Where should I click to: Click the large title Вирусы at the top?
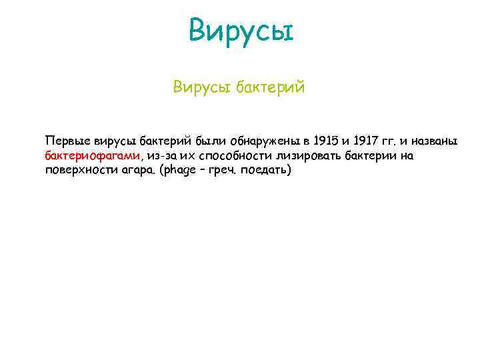point(241,30)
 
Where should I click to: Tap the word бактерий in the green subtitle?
point(269,87)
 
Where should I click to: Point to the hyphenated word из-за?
point(161,156)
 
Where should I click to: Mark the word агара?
point(133,170)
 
